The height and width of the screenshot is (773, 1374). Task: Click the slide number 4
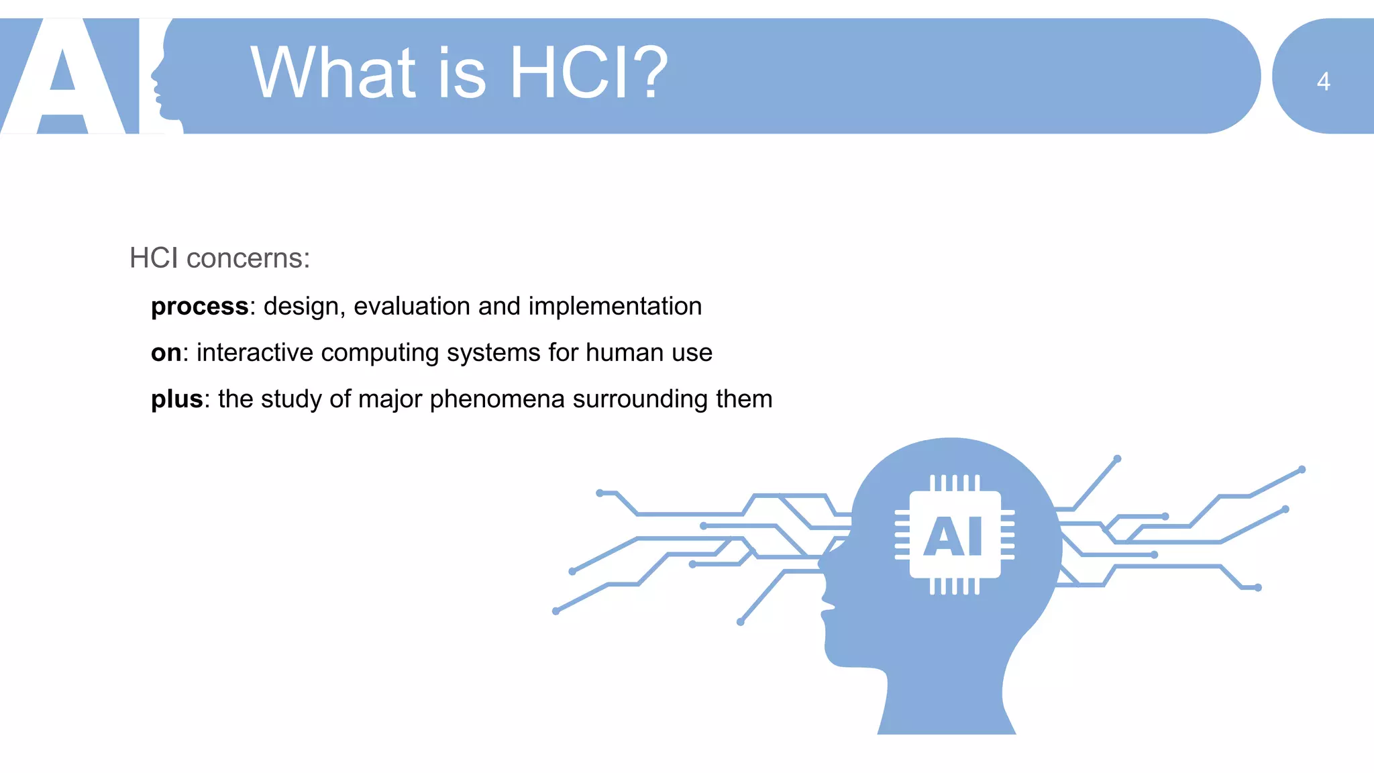coord(1323,82)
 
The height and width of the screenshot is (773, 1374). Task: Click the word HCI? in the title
coord(588,72)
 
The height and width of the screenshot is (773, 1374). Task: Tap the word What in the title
coord(333,72)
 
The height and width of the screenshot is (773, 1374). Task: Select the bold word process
coord(199,307)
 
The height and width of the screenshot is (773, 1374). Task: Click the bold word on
coord(166,353)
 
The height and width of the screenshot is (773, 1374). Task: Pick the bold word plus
coord(176,399)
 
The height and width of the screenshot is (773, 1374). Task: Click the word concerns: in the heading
coord(248,258)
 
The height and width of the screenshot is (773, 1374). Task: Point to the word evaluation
coord(411,307)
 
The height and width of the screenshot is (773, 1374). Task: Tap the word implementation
coord(615,307)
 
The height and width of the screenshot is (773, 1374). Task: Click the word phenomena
coord(496,399)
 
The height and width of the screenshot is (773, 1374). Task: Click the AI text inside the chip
coord(954,536)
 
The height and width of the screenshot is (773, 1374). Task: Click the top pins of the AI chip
coord(954,482)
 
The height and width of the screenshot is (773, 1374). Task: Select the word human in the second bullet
coord(625,353)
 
